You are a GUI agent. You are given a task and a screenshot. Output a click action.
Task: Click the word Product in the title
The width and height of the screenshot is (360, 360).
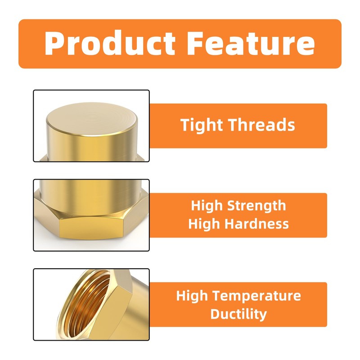(110, 44)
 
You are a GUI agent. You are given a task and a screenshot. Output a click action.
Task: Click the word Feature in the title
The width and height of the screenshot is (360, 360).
(250, 44)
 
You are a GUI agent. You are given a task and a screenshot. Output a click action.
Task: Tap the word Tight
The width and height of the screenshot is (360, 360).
(202, 125)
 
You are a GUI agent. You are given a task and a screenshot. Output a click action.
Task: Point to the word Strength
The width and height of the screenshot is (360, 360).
(257, 206)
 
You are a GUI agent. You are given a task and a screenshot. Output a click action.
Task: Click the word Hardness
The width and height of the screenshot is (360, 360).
(258, 224)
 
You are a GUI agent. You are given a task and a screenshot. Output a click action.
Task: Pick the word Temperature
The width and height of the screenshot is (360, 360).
(257, 296)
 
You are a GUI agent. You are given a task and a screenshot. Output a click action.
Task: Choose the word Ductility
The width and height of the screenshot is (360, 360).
(238, 314)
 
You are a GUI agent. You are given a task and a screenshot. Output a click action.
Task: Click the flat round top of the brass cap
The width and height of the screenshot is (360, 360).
(92, 119)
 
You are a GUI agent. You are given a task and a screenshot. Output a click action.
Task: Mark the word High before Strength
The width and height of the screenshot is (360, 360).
(207, 206)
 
